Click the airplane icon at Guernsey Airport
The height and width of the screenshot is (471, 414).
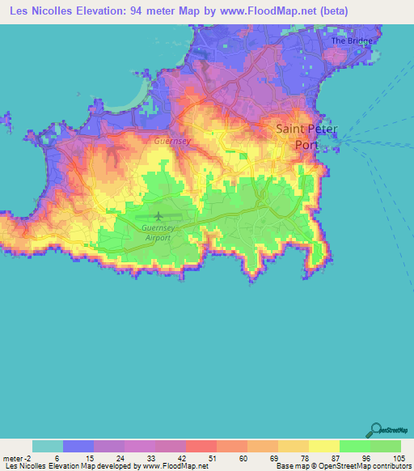pos(158,216)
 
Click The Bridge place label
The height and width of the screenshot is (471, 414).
pos(350,40)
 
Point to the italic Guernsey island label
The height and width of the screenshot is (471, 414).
pos(172,141)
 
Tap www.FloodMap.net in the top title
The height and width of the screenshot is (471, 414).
pos(252,9)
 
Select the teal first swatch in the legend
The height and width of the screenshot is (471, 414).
pos(48,446)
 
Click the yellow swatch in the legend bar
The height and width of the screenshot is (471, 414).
pos(324,446)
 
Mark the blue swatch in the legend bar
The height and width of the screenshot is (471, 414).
pos(78,446)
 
